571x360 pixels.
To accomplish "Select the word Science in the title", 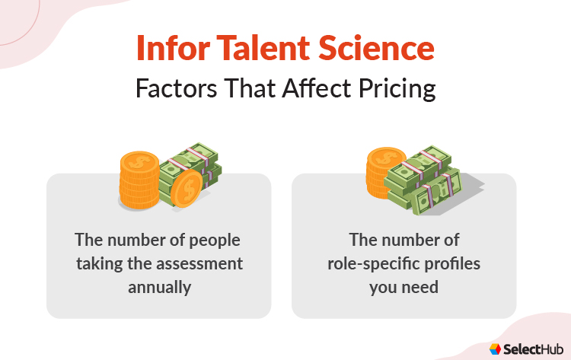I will tap(381, 49).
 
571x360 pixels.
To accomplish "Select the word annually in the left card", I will tap(158, 288).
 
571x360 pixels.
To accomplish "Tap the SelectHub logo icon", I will tap(496, 349).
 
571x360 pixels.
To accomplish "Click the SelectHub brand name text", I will tap(531, 349).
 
